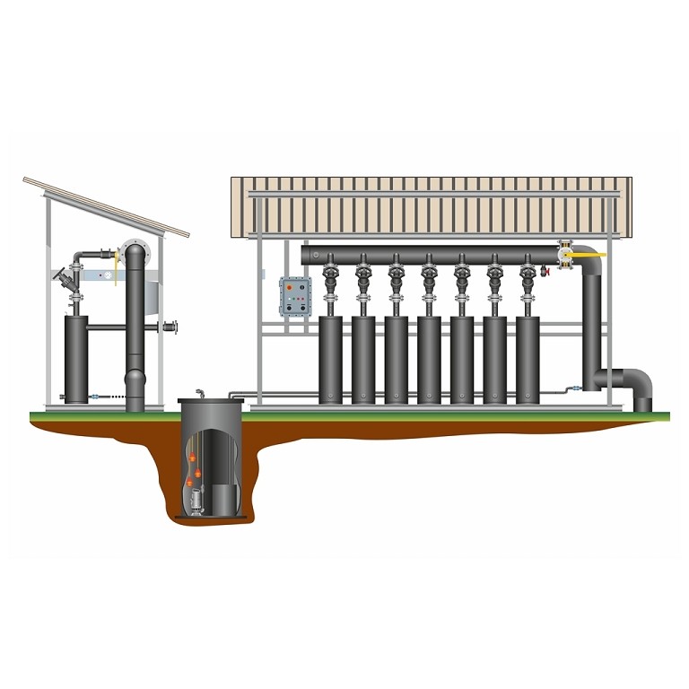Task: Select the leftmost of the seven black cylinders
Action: point(331,358)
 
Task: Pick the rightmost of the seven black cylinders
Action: point(528,358)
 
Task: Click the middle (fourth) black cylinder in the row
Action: point(429,358)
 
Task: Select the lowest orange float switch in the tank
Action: point(191,484)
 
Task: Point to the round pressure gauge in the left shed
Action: point(134,250)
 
